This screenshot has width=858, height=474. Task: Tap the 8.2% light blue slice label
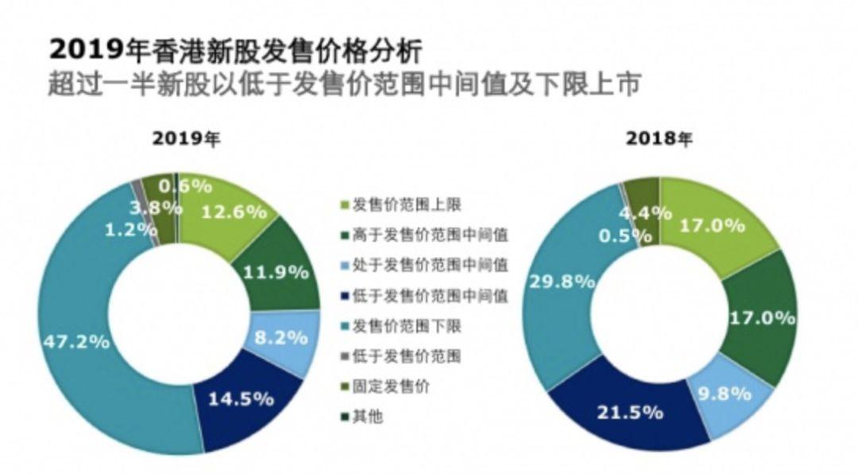tap(281, 336)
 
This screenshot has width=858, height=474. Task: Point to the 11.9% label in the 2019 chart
tap(280, 272)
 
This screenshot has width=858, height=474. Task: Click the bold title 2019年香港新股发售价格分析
tap(235, 49)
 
